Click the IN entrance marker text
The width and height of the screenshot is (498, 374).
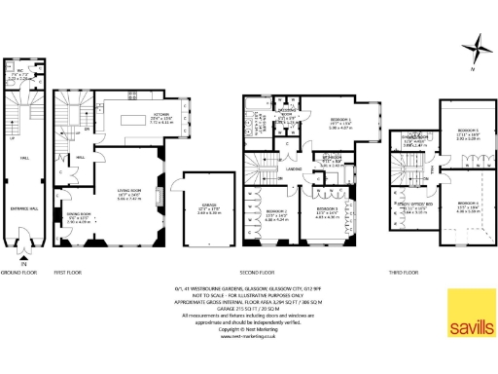23,262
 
